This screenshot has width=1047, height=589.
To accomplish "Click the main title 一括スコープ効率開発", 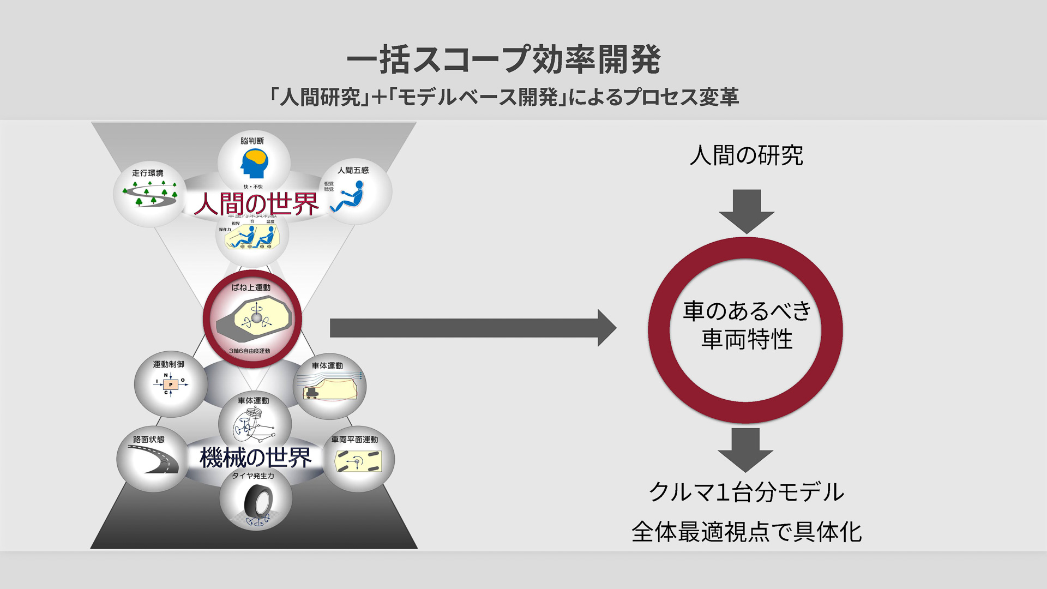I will (x=503, y=59).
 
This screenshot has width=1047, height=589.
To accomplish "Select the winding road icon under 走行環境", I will (x=150, y=195).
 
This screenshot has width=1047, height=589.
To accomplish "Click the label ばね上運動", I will (x=251, y=287).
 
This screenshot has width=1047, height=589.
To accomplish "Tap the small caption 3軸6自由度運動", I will (x=249, y=351).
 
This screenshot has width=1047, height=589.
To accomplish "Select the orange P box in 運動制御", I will (x=171, y=384).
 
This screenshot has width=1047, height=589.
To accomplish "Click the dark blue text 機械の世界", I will (x=255, y=458).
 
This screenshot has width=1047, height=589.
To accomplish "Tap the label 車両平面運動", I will (x=354, y=440).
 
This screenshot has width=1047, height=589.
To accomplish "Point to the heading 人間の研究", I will (x=746, y=155).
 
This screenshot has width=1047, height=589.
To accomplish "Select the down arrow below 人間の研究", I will (x=747, y=211).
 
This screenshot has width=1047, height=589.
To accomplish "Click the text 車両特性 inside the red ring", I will (x=747, y=339).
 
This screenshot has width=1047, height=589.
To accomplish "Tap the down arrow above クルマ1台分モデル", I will (x=745, y=449).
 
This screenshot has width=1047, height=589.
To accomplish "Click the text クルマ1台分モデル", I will (x=746, y=492).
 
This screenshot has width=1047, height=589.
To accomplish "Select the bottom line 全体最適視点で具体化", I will (x=746, y=532).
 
